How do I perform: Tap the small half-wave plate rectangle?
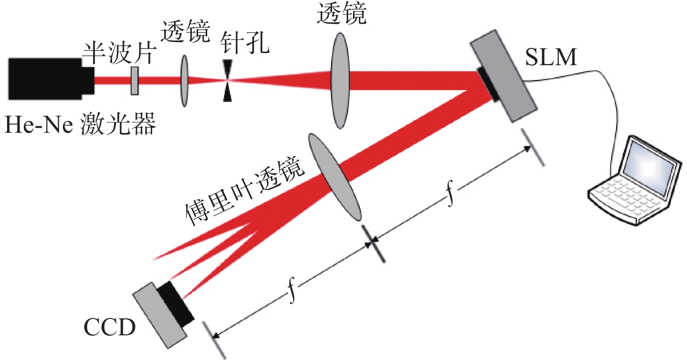[x=135, y=81]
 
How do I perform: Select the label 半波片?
[x=119, y=53]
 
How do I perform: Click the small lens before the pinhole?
[x=184, y=81]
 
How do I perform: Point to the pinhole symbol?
[x=227, y=81]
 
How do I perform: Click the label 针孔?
[x=245, y=43]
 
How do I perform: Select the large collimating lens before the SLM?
[x=340, y=81]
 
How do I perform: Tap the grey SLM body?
[x=505, y=76]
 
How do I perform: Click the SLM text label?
[x=551, y=57]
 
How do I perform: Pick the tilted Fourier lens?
[x=335, y=177]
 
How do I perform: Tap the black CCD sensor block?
[x=175, y=304]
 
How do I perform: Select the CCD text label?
[x=109, y=327]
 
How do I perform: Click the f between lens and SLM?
[x=450, y=193]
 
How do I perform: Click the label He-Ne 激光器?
[x=81, y=124]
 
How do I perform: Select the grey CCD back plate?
[x=160, y=315]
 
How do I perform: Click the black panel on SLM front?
[x=489, y=84]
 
